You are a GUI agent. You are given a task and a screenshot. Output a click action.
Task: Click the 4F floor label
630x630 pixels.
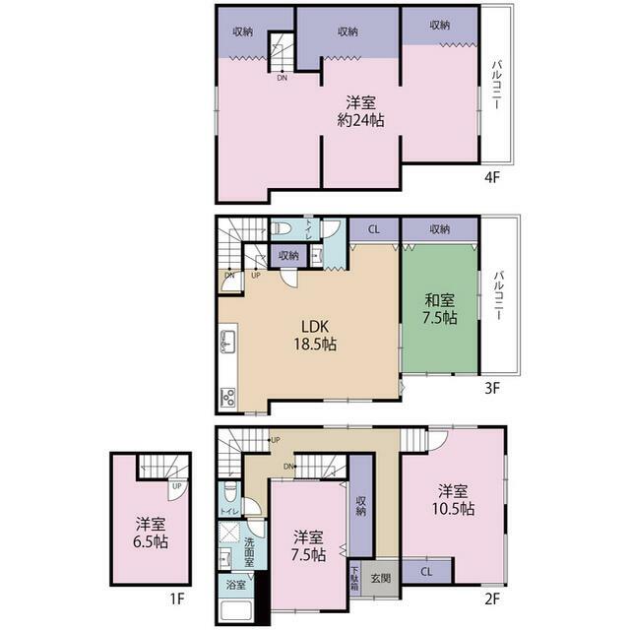(x=492, y=177)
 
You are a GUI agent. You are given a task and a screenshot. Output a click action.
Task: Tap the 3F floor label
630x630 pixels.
(x=492, y=388)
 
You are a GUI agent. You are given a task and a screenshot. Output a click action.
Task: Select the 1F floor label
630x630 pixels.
(x=177, y=599)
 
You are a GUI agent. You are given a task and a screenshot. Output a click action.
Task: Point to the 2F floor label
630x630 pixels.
(x=492, y=599)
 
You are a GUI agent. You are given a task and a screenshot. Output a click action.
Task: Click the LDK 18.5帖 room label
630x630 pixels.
(x=315, y=336)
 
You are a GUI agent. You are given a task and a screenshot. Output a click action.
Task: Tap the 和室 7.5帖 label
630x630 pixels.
(x=440, y=308)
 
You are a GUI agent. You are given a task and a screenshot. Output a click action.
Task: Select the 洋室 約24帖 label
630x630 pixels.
(x=360, y=111)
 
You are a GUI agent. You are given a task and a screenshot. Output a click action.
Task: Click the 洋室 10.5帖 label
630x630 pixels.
(x=453, y=500)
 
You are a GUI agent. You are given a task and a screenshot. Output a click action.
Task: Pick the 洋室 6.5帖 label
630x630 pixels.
(x=151, y=534)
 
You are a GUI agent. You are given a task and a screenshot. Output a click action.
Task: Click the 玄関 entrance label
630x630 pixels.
(x=380, y=578)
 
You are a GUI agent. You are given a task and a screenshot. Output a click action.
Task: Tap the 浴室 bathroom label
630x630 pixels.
(x=235, y=585)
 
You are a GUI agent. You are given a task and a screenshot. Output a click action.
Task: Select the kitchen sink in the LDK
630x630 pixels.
(x=227, y=342)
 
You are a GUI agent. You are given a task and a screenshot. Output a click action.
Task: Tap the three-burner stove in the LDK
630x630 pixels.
(x=228, y=398)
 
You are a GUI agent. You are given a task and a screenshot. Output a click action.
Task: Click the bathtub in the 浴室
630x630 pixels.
(x=236, y=610)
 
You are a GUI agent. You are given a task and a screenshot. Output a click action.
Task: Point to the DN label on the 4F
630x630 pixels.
(x=283, y=78)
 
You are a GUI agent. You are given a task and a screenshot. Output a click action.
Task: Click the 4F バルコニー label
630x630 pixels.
(x=497, y=84)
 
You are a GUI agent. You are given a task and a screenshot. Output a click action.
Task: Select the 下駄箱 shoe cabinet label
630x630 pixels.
(x=355, y=579)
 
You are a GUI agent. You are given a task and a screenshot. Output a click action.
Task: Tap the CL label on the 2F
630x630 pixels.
(x=426, y=571)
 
